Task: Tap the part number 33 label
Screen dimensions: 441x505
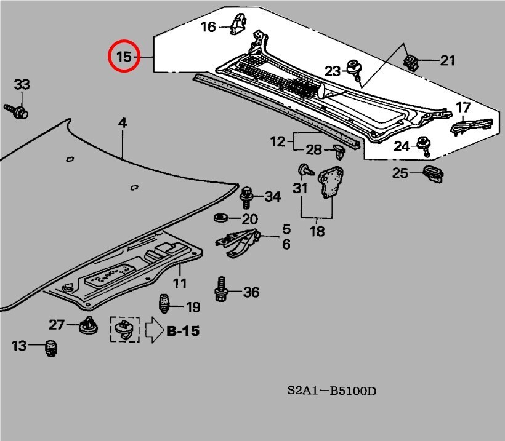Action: click(22, 84)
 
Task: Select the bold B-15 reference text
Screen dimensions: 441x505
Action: click(183, 331)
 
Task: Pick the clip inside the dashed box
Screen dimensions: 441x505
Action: click(125, 330)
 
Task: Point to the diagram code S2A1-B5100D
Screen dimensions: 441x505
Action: click(331, 391)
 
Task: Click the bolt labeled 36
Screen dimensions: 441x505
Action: click(220, 290)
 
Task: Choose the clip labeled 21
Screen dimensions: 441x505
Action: click(410, 60)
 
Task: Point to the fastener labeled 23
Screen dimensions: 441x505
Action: click(355, 68)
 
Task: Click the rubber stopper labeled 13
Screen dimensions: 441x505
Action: click(52, 348)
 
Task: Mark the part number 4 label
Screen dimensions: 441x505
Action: click(123, 123)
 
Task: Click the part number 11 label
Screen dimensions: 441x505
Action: click(179, 284)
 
